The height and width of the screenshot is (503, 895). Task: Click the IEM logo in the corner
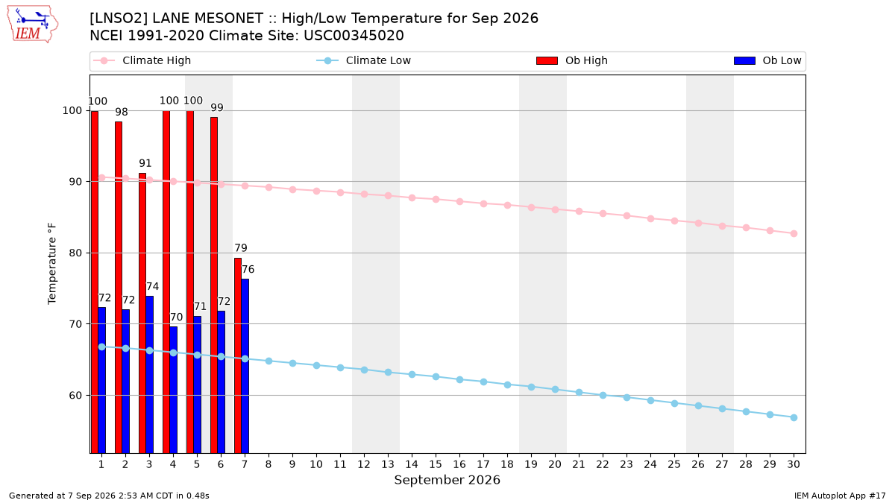(33, 25)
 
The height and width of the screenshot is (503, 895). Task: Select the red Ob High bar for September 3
(142, 313)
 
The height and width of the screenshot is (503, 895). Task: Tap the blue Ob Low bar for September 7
(245, 366)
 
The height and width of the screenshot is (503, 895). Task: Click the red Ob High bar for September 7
(238, 355)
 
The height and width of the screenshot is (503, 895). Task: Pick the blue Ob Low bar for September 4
(173, 390)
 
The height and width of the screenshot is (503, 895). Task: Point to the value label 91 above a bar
(145, 163)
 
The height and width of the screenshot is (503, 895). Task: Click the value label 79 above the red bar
(241, 248)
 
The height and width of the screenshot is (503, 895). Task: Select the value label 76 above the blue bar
(248, 270)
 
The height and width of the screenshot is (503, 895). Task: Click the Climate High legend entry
(142, 60)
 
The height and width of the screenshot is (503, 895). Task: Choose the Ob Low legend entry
(767, 60)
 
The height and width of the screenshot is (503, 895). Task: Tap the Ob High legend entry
(572, 60)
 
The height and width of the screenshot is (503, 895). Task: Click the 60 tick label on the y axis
(75, 395)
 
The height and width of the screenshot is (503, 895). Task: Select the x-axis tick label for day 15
(436, 464)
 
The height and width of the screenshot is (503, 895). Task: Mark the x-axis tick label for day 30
(794, 464)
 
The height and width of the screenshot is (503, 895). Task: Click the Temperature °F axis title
(52, 264)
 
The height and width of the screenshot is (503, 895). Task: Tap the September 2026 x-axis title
(447, 480)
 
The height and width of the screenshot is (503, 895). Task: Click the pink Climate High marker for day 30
(794, 233)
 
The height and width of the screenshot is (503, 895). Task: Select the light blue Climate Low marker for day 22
(603, 395)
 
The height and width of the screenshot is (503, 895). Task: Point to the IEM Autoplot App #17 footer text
(840, 496)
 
